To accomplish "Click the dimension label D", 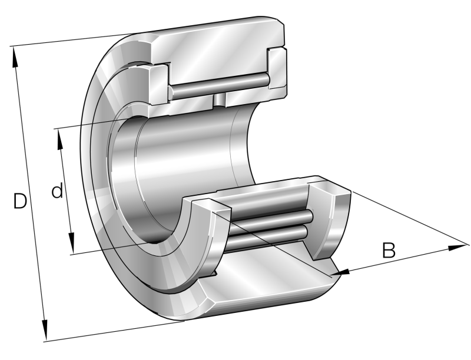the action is (x=20, y=201).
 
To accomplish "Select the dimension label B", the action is (x=389, y=250).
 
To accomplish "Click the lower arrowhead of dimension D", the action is (x=44, y=330).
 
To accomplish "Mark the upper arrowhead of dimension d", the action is (x=60, y=139).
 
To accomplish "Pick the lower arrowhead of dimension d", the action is (x=71, y=244).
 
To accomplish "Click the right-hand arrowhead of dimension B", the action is (x=458, y=248).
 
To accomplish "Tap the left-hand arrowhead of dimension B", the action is (x=340, y=272).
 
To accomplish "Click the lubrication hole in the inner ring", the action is (x=219, y=100).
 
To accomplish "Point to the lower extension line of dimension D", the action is (x=114, y=331).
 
